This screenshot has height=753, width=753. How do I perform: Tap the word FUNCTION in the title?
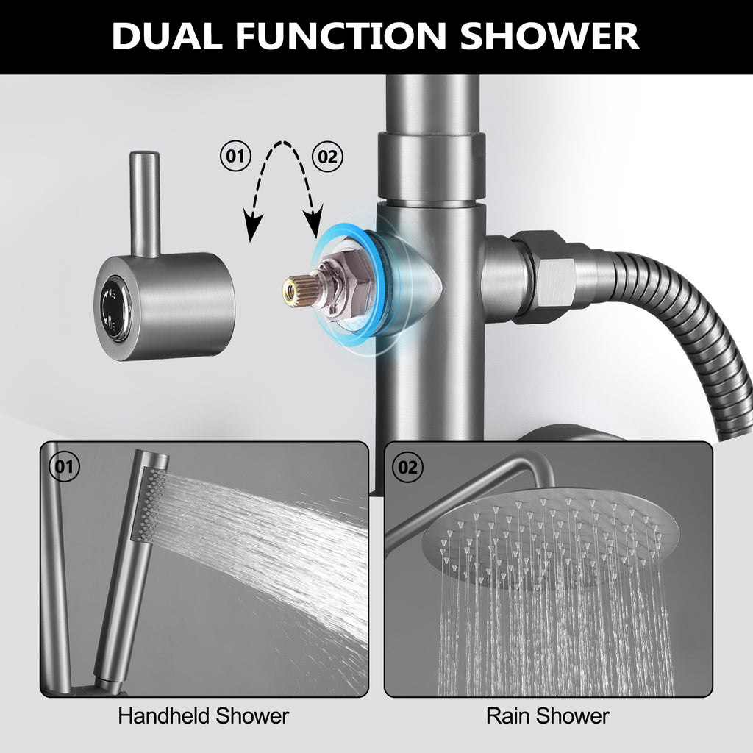(x=340, y=35)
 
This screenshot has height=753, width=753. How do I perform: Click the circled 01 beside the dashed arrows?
(x=235, y=156)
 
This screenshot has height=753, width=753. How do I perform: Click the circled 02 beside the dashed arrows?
(x=327, y=157)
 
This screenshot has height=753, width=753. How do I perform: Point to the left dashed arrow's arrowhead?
(x=252, y=226)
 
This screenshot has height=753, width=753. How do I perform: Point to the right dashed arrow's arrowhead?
(x=315, y=222)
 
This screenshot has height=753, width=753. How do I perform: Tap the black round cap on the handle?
(x=114, y=310)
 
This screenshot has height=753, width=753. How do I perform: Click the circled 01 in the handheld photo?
(x=65, y=465)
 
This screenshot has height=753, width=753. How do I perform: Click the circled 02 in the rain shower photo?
(x=407, y=467)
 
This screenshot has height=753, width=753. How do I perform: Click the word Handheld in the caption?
(x=163, y=715)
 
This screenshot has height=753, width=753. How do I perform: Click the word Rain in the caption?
(x=504, y=715)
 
